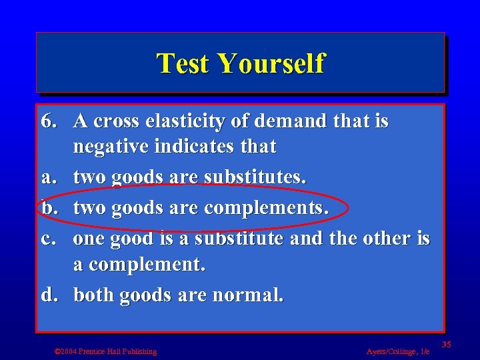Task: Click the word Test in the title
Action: tap(183, 64)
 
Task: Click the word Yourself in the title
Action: tap(271, 64)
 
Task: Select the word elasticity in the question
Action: tap(180, 121)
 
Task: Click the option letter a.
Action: tap(47, 178)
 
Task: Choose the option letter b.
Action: tap(48, 208)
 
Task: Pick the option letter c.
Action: tap(47, 238)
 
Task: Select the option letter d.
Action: tap(48, 295)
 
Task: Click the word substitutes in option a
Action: tap(255, 178)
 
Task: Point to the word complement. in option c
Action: tap(147, 265)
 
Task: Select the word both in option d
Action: tap(94, 295)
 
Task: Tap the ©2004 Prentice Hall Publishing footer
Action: tap(105, 351)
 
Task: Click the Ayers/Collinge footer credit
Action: tap(398, 351)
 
